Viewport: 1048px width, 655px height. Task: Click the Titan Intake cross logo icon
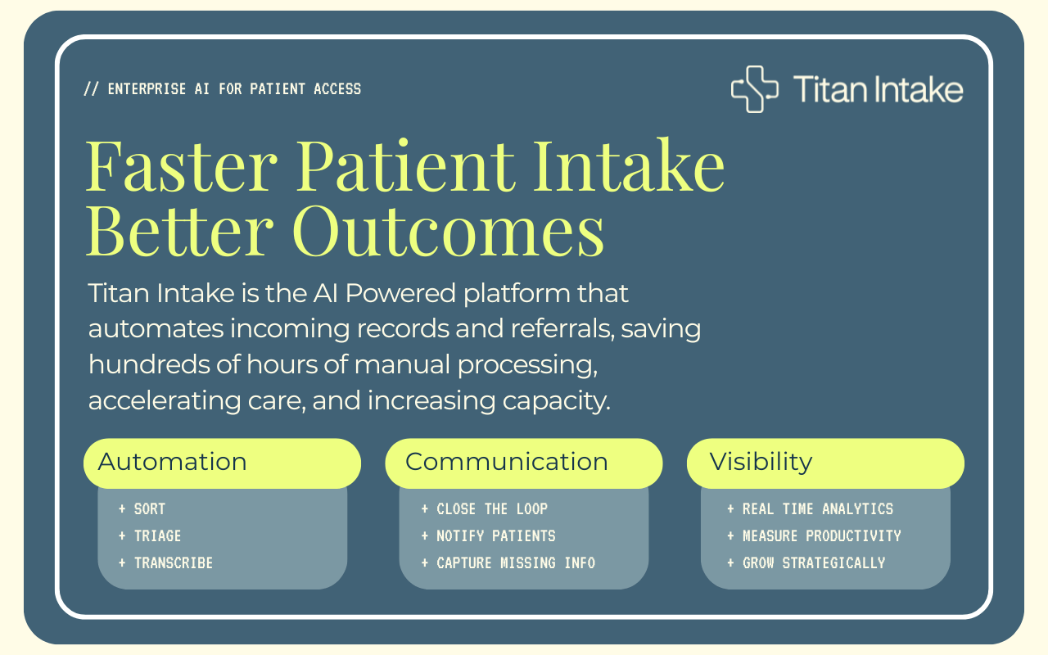click(754, 89)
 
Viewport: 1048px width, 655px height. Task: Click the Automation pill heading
click(222, 463)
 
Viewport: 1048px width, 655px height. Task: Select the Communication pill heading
click(523, 463)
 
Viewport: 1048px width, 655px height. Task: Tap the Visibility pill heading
click(825, 463)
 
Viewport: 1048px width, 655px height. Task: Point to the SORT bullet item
click(142, 508)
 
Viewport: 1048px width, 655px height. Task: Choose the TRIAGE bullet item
click(150, 535)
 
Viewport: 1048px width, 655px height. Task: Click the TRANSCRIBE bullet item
click(166, 562)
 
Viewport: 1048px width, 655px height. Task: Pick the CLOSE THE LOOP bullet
click(485, 508)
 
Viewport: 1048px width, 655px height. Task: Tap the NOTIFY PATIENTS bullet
click(489, 535)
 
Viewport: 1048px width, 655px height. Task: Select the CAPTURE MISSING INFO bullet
click(508, 562)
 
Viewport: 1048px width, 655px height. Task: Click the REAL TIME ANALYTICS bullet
click(811, 508)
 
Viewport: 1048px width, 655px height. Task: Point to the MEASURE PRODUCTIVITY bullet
click(814, 535)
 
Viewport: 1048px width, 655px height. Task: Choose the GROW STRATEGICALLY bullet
click(806, 562)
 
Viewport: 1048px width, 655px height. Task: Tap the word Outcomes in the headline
click(448, 231)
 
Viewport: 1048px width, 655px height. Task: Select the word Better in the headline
click(179, 231)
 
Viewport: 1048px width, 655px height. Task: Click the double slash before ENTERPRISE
click(91, 89)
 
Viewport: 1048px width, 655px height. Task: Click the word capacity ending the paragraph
click(556, 402)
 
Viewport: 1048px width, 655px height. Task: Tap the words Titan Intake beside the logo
click(879, 89)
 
